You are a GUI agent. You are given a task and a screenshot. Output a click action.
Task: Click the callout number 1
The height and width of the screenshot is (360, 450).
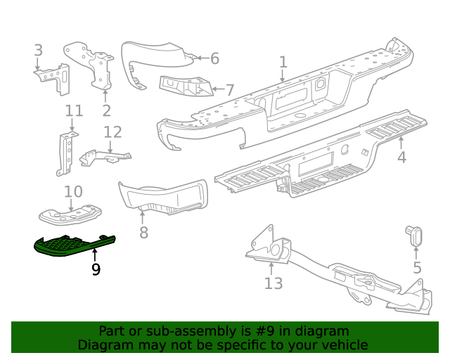coord(283,63)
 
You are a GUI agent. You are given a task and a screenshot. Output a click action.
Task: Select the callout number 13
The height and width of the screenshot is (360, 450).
coord(273,283)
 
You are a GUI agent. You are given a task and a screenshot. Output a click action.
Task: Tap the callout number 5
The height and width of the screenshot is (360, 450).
coord(417,267)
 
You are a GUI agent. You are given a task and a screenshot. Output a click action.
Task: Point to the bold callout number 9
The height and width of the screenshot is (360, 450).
coord(96,269)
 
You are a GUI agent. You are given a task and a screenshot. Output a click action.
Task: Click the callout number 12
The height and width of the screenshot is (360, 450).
coord(112,131)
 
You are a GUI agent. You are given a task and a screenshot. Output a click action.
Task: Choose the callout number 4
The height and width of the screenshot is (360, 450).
coord(401,157)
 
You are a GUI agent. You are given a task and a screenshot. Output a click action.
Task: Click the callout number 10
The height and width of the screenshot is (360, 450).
coord(73,191)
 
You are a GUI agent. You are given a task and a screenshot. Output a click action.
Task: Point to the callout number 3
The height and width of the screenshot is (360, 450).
coord(38,50)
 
